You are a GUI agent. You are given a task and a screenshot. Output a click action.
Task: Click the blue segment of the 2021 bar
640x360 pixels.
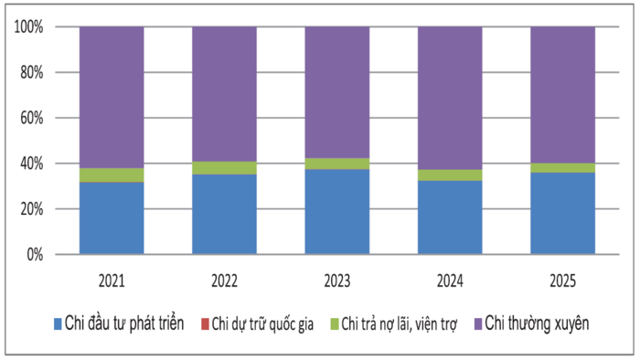[112, 218]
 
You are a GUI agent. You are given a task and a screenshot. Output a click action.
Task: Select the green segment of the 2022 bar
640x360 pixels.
[225, 168]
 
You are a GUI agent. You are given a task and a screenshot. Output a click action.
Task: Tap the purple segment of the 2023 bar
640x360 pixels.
[337, 92]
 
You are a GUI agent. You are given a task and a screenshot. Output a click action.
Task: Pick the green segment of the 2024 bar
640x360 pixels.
[450, 175]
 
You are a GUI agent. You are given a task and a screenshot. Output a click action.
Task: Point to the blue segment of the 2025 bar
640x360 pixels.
[563, 213]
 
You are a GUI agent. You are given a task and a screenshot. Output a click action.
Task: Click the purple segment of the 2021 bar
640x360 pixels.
[112, 98]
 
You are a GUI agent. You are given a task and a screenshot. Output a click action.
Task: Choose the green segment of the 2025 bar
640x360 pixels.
[563, 167]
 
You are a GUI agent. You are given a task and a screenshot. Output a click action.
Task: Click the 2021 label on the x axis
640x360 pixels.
[112, 281]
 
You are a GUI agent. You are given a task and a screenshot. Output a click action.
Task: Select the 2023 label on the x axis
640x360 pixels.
[337, 281]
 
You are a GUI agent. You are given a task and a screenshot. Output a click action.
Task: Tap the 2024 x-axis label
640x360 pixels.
[450, 281]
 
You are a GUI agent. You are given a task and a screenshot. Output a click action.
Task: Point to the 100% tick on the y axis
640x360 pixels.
[28, 26]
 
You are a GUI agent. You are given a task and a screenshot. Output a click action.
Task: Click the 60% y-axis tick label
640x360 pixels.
[32, 118]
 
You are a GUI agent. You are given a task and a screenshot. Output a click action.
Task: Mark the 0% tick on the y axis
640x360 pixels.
[35, 255]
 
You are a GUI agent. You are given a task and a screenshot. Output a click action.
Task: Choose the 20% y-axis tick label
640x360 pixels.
[32, 209]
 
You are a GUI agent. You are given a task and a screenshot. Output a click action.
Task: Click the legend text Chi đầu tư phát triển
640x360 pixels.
[124, 323]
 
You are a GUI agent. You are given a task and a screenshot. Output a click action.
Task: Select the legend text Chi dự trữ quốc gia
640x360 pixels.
[262, 324]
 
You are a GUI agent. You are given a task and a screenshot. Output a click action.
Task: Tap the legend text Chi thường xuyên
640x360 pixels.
[537, 323]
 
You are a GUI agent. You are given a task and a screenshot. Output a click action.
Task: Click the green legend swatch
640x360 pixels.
[335, 324]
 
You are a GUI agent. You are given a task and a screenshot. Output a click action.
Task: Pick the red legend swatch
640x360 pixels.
[205, 324]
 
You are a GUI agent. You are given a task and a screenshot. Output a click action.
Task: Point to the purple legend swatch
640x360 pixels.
[478, 324]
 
